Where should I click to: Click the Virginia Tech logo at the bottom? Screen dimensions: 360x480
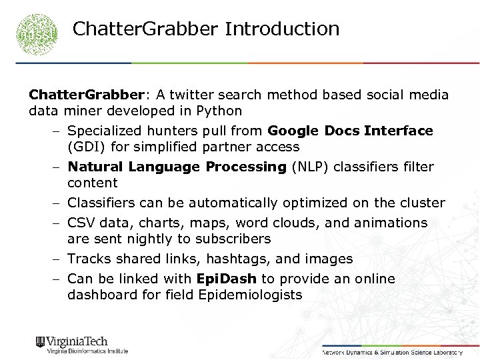[81, 344]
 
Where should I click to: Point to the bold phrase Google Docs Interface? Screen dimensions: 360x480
[350, 131]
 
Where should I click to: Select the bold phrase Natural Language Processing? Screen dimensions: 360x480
[177, 167]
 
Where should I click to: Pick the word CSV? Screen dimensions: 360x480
[81, 223]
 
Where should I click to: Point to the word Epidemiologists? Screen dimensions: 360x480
[250, 295]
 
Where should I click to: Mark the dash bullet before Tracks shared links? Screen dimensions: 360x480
[59, 259]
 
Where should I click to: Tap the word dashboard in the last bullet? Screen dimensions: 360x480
[101, 295]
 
